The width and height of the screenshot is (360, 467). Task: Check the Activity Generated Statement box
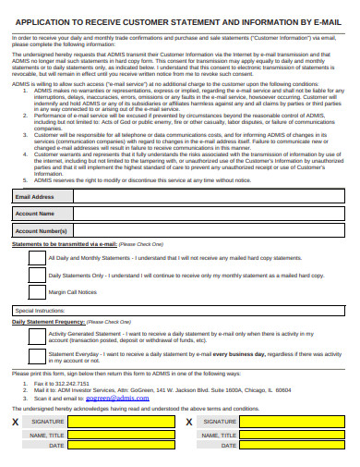pyautogui.click(x=35, y=337)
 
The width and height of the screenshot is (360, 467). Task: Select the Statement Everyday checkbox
pyautogui.click(x=35, y=357)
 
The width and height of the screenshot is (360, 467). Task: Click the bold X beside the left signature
pyautogui.click(x=15, y=422)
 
